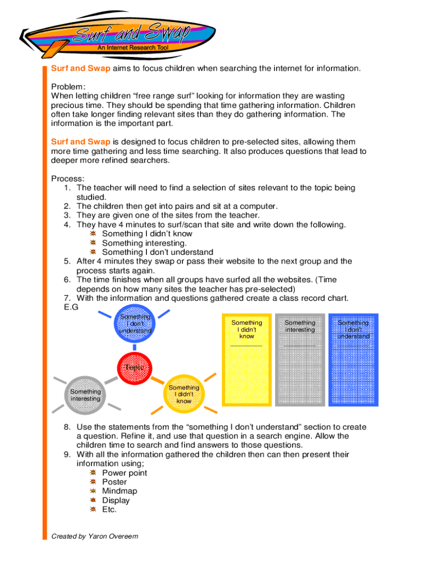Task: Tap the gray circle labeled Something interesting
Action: [x=85, y=394]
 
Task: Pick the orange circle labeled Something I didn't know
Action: [x=183, y=393]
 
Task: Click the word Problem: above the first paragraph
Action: [x=69, y=87]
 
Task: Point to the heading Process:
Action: [x=68, y=179]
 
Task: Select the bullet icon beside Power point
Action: [x=94, y=473]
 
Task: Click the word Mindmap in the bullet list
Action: [x=119, y=491]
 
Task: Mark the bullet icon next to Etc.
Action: [x=94, y=510]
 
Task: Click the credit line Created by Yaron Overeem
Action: [x=94, y=536]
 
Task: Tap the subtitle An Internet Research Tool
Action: [x=133, y=48]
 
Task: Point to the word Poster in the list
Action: [x=115, y=482]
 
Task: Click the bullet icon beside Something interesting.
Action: [x=94, y=243]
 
